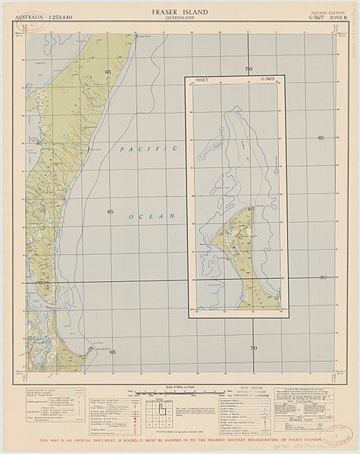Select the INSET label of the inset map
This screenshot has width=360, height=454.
(202, 78)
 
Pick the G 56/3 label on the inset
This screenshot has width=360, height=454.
(269, 78)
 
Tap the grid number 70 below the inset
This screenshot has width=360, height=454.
(253, 348)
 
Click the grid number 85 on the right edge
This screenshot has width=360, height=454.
(321, 138)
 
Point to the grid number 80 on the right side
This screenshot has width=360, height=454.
(323, 277)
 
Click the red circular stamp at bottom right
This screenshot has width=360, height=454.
(338, 434)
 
